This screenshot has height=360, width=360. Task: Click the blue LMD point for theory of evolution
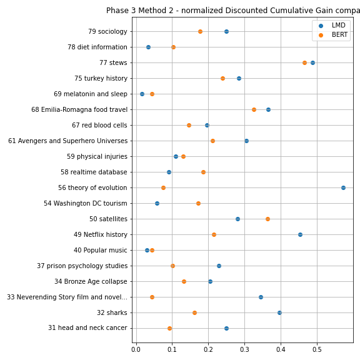coord(343,187)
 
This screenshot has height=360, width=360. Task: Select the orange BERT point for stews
coord(304,62)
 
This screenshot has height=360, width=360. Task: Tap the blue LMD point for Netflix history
coord(300,234)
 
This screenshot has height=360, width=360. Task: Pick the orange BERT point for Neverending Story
coord(152,297)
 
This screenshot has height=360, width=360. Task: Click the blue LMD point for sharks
coord(279,312)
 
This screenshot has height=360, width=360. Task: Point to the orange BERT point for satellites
coord(267,219)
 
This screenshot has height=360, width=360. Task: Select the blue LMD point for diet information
coord(148,47)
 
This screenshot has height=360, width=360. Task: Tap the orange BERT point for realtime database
coord(203,172)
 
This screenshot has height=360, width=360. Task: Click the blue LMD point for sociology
coord(226,31)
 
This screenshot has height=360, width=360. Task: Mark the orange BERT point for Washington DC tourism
coord(198,203)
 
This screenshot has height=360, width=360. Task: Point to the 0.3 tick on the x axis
coord(244,344)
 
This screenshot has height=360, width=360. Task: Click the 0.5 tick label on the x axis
coord(317,349)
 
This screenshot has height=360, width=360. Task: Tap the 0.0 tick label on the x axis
coord(136,349)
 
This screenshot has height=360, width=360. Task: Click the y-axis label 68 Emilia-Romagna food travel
coord(79,109)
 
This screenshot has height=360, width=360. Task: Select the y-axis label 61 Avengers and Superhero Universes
coord(67,141)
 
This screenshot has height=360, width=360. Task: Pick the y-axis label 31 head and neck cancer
coord(87,327)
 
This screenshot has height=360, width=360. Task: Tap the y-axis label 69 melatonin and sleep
coord(91,94)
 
